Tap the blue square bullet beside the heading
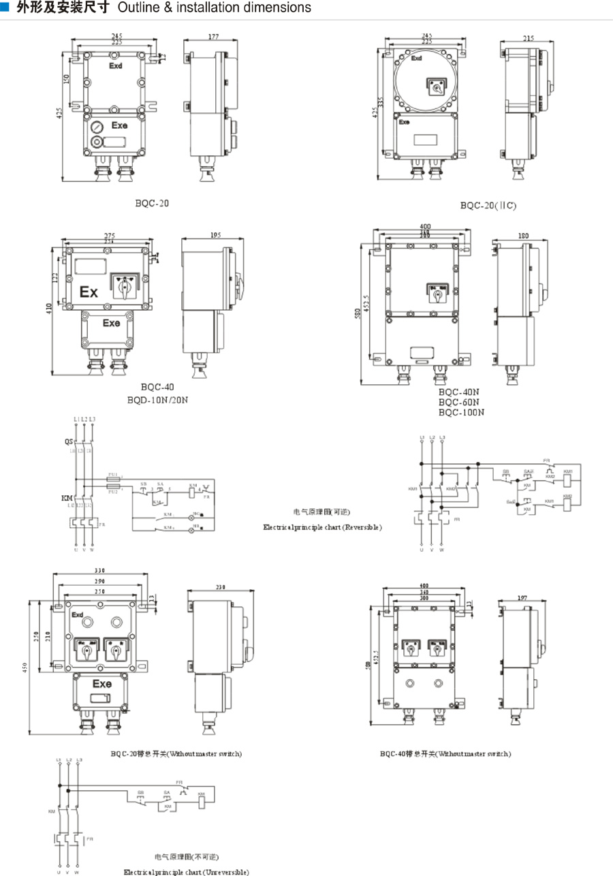(x=5, y=7)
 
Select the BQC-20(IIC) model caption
(x=488, y=205)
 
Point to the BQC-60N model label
(x=460, y=402)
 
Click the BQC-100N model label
(x=462, y=412)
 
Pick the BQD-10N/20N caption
(x=157, y=400)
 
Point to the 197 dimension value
(x=522, y=597)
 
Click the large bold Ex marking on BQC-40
(x=89, y=292)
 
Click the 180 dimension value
(x=523, y=236)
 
